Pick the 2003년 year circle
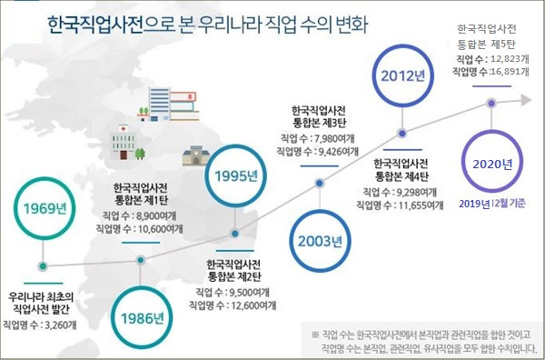click(x=319, y=242)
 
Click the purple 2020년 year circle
click(x=493, y=164)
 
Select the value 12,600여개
click(x=253, y=305)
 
